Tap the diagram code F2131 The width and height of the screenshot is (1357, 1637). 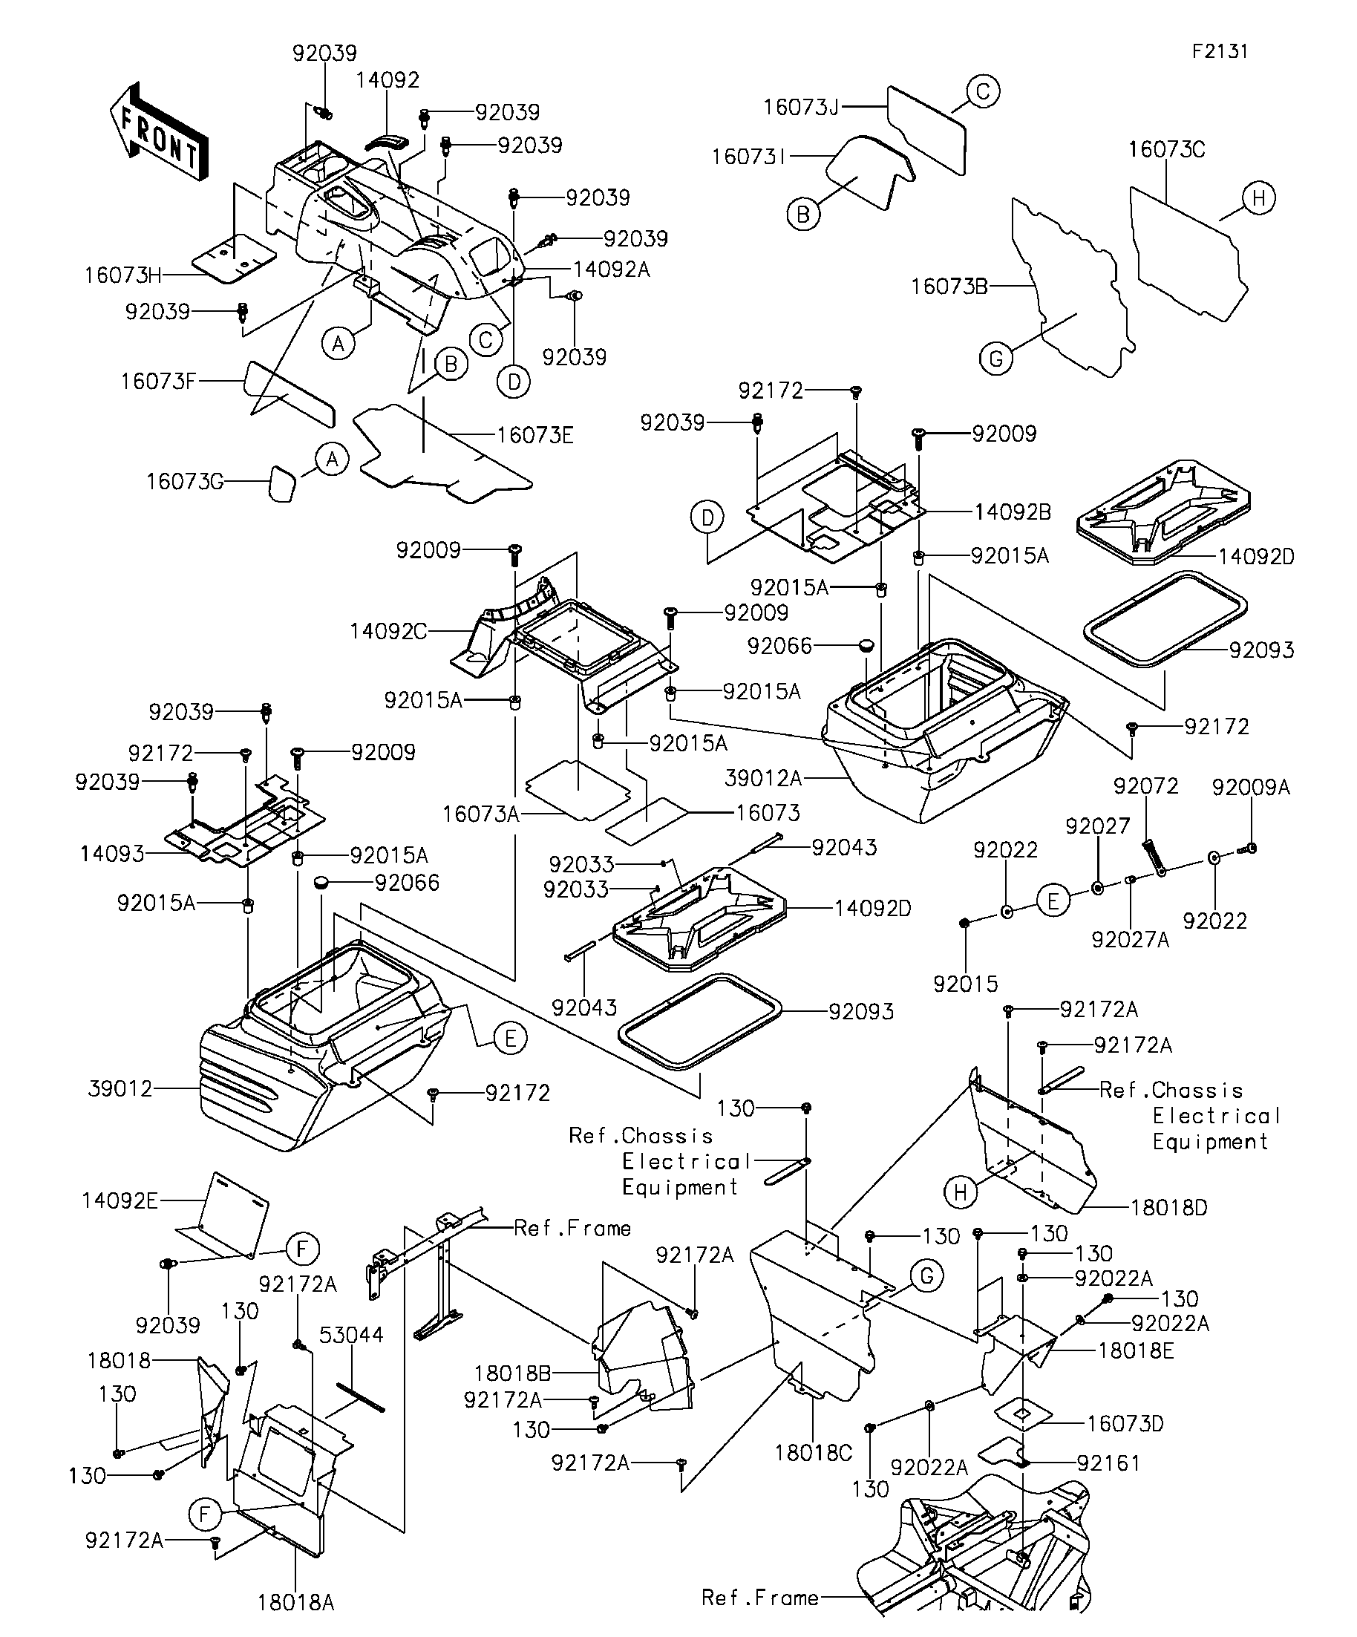(1220, 51)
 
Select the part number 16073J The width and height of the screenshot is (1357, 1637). (800, 108)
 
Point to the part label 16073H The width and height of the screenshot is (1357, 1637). (123, 275)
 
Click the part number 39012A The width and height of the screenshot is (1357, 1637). (763, 778)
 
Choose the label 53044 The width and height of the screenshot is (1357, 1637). (352, 1336)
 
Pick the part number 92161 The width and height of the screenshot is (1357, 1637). (1108, 1463)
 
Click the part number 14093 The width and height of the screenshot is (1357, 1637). (112, 855)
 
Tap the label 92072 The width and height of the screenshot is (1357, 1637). (1145, 785)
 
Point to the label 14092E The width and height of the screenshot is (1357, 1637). (120, 1200)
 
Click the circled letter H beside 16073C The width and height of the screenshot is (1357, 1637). (1259, 199)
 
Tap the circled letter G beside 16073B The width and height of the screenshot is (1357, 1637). (996, 359)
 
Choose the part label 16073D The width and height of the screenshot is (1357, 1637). (1125, 1424)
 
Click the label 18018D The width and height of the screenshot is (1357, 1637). (1169, 1209)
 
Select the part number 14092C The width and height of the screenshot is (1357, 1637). (388, 631)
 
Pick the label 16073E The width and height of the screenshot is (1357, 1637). (534, 435)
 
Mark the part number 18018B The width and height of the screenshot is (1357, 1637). (512, 1373)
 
